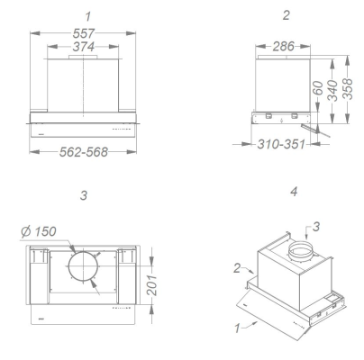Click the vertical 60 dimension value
point(317,92)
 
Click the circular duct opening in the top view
point(83,270)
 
